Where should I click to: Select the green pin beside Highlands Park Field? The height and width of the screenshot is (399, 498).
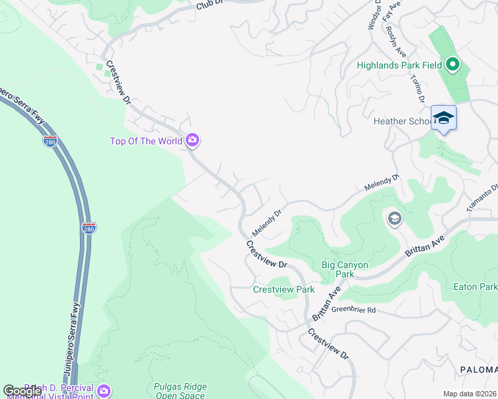point(453,65)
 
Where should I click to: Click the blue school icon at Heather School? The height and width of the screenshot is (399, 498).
point(443,118)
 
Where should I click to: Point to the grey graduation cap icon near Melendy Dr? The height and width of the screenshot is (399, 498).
point(394,219)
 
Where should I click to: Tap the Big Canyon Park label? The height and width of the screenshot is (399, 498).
point(345,269)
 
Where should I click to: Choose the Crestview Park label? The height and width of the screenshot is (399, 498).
point(284,290)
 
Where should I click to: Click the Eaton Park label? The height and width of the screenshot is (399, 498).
point(475,287)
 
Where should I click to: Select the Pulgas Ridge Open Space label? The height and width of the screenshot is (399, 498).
point(180,390)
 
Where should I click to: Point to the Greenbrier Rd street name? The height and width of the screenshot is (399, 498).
point(354,310)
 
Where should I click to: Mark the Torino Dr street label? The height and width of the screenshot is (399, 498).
point(417,87)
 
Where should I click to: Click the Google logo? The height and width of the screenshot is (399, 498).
point(22,390)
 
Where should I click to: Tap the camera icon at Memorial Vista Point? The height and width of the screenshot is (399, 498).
point(103,390)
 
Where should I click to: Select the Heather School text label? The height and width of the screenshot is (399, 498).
point(399,121)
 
